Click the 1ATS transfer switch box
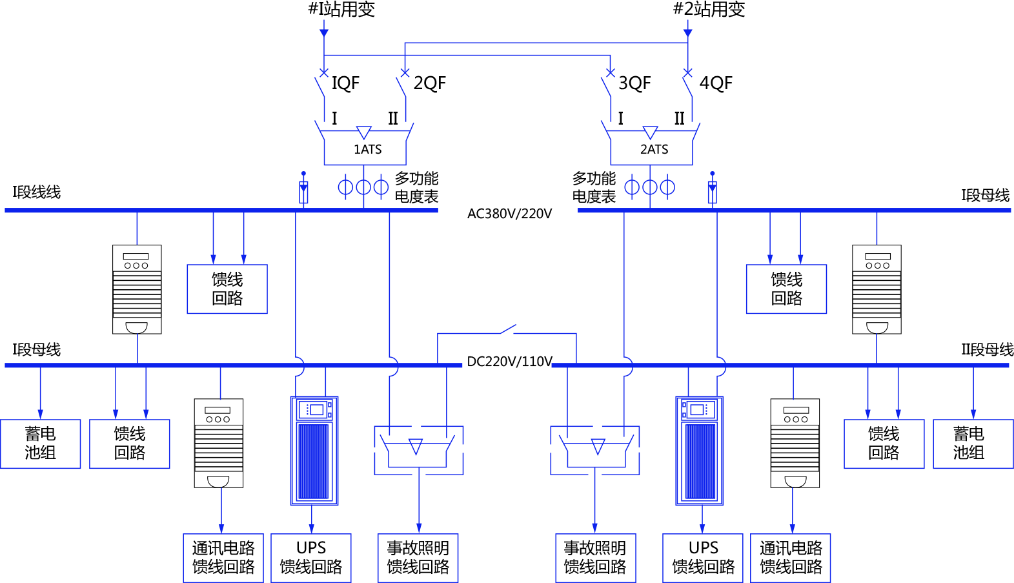pyautogui.click(x=365, y=149)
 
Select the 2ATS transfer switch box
pyautogui.click(x=652, y=149)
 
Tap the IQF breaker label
pyautogui.click(x=345, y=83)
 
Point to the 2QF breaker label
pyautogui.click(x=429, y=83)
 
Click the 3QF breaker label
pyautogui.click(x=634, y=83)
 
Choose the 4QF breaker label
pyautogui.click(x=716, y=83)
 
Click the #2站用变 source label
pyautogui.click(x=709, y=9)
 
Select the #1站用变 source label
pyautogui.click(x=341, y=9)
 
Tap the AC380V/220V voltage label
pyautogui.click(x=509, y=214)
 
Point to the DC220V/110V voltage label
pyautogui.click(x=509, y=362)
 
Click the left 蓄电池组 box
pyautogui.click(x=40, y=444)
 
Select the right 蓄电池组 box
pyautogui.click(x=973, y=444)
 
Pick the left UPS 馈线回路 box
pyautogui.click(x=311, y=558)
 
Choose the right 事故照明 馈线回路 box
pyautogui.click(x=595, y=558)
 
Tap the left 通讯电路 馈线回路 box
pyautogui.click(x=223, y=558)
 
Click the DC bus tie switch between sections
pyautogui.click(x=508, y=331)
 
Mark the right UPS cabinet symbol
pyautogui.click(x=699, y=451)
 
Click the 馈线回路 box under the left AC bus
pyautogui.click(x=227, y=289)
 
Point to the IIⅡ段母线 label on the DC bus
pyautogui.click(x=987, y=350)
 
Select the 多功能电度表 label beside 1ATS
pyautogui.click(x=416, y=187)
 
